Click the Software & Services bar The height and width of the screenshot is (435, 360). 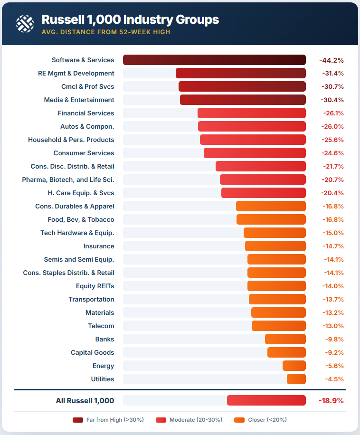tap(214, 60)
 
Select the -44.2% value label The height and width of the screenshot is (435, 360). tap(331, 60)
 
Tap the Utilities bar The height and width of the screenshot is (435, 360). tap(296, 379)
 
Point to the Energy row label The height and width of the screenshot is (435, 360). tap(103, 366)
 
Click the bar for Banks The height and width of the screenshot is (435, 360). tap(285, 339)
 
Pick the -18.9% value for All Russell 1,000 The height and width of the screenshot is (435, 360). tap(331, 400)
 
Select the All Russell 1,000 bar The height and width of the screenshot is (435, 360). tap(266, 400)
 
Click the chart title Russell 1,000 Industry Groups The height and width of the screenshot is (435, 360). tap(130, 19)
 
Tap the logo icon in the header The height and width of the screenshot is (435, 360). tap(25, 23)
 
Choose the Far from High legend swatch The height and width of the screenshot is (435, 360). tap(78, 420)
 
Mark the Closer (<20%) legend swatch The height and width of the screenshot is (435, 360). tap(239, 420)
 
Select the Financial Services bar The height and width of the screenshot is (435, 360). tap(252, 113)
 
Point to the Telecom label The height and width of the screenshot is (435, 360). tap(101, 326)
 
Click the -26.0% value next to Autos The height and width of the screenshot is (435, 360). tap(331, 127)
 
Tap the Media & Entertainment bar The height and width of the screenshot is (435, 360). tap(243, 100)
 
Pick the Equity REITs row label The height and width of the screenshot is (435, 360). tap(95, 286)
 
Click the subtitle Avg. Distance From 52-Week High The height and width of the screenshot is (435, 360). tap(106, 32)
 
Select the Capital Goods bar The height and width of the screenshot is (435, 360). tap(286, 352)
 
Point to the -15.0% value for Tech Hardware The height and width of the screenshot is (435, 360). tap(331, 233)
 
